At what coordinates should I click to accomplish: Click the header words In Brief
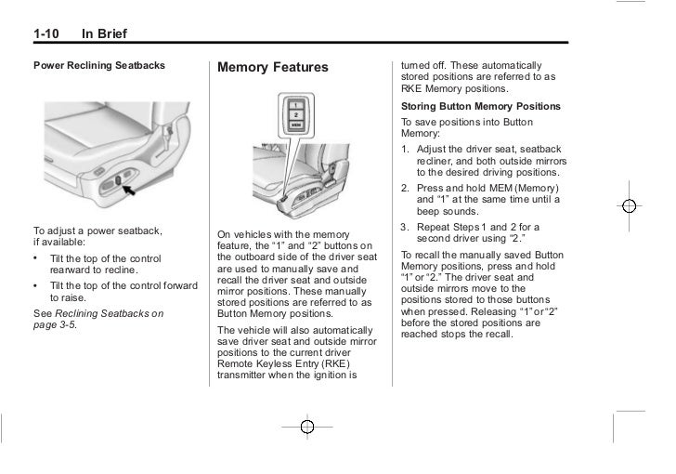click(x=104, y=35)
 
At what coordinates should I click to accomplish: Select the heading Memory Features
click(x=273, y=68)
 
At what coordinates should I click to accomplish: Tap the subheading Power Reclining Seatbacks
click(x=99, y=65)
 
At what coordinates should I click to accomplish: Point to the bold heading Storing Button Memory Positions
click(x=480, y=107)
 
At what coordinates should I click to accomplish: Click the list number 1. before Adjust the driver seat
click(x=406, y=150)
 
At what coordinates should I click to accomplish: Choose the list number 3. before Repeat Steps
click(x=406, y=226)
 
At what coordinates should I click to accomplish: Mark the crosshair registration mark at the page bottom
click(x=308, y=427)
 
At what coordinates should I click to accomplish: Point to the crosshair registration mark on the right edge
click(x=629, y=206)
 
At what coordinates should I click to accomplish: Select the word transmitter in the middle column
click(x=247, y=379)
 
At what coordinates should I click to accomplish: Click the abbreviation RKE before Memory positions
click(x=413, y=90)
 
